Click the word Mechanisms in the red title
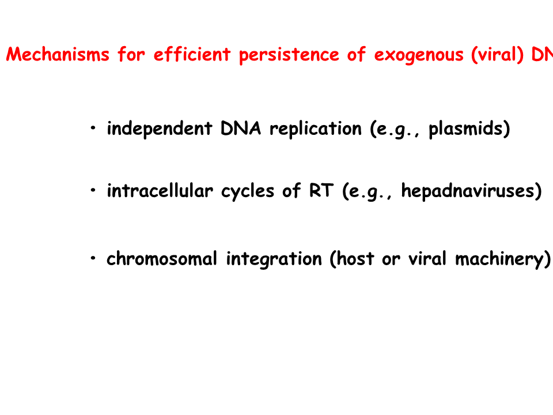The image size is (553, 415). (58, 55)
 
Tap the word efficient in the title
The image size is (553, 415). (192, 54)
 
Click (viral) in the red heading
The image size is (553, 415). (497, 55)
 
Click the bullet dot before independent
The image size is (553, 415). (93, 128)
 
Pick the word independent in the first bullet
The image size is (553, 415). (160, 129)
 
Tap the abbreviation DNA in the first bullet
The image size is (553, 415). (241, 128)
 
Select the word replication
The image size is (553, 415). (316, 129)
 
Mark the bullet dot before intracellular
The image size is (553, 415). (93, 190)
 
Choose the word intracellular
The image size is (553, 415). (160, 191)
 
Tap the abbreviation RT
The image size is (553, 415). (321, 191)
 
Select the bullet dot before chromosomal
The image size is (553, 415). (93, 258)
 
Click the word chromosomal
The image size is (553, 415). (162, 259)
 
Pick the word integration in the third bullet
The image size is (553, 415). (274, 259)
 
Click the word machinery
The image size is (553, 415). (499, 259)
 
